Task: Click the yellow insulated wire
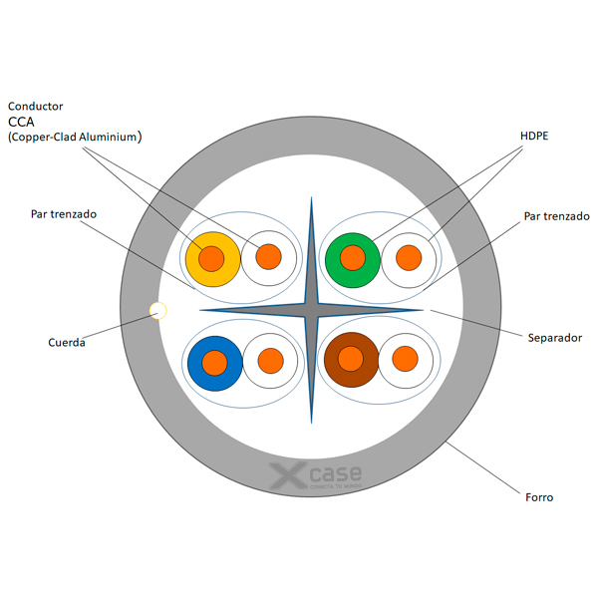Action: (211, 258)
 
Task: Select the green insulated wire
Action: (353, 258)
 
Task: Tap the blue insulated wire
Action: (214, 362)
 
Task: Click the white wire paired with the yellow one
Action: (269, 257)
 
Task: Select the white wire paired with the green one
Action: (409, 258)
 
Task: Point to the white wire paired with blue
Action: (270, 361)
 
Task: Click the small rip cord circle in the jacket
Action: (157, 310)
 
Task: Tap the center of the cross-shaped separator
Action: (311, 310)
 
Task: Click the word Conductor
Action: (36, 106)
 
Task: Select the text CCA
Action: (22, 122)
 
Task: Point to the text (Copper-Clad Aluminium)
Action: (75, 138)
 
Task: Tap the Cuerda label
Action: (67, 343)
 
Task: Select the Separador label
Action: (554, 338)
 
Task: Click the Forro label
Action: (538, 496)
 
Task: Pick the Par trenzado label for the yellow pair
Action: (64, 214)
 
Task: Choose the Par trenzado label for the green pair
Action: (556, 216)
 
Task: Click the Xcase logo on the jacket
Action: (316, 476)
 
